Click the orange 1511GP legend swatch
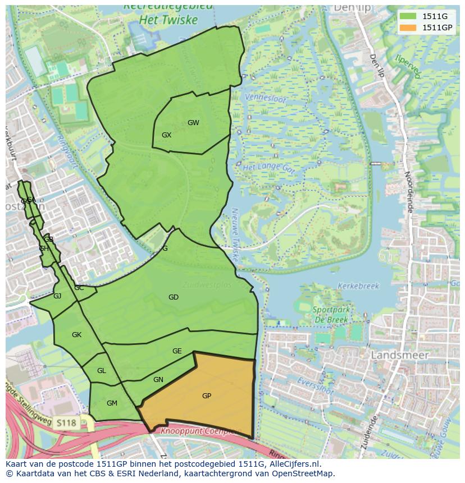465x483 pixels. click(409, 27)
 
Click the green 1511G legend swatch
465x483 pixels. click(409, 16)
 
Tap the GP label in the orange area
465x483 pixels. click(207, 396)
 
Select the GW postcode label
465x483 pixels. click(193, 123)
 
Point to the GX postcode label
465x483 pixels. click(166, 135)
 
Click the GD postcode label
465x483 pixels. click(174, 297)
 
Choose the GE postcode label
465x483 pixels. click(177, 351)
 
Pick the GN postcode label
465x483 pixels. click(158, 380)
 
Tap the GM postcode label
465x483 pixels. click(112, 403)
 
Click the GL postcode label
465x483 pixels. click(101, 371)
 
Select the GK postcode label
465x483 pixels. click(77, 335)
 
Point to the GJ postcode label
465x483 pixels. click(57, 296)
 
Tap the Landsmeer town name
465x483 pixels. click(400, 355)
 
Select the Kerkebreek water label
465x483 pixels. click(358, 286)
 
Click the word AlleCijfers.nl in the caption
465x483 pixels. click(295, 464)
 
